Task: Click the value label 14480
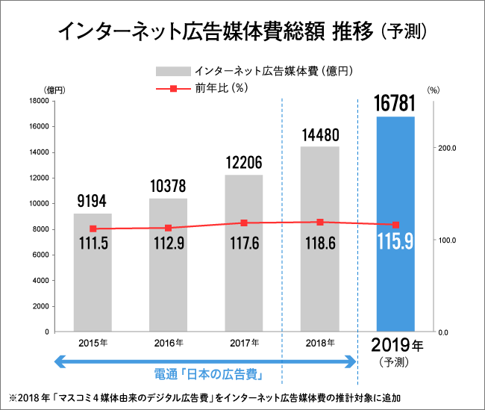tap(319, 135)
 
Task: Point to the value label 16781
tap(395, 103)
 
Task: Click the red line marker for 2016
tap(168, 228)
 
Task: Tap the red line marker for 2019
tap(395, 225)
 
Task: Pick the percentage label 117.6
tap(244, 244)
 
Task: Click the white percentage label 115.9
tap(395, 243)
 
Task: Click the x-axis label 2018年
tap(319, 343)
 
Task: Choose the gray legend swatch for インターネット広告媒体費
tap(172, 71)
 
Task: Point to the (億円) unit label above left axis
tap(54, 90)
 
